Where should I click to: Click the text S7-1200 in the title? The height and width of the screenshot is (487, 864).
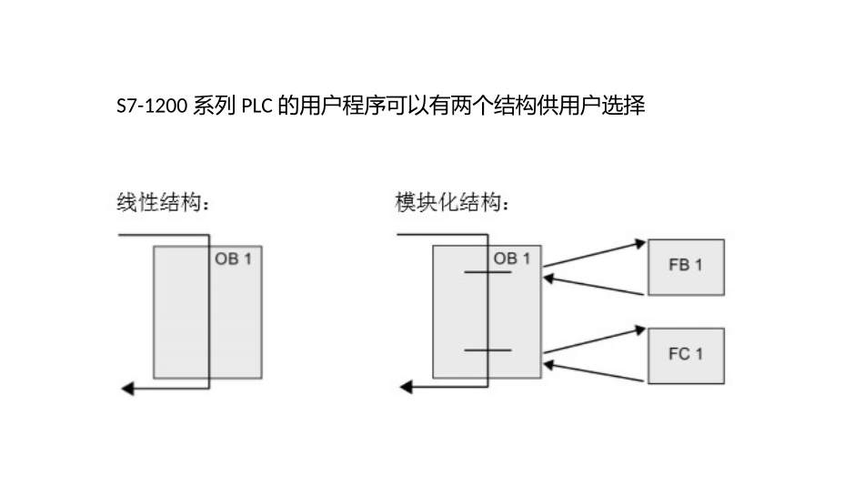[x=152, y=107]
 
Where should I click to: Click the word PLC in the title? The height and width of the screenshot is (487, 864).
[x=256, y=107]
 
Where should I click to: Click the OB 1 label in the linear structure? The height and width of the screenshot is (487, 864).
[x=233, y=259]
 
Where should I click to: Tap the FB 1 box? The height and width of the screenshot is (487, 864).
[x=686, y=267]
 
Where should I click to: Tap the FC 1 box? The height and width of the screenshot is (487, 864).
[x=686, y=355]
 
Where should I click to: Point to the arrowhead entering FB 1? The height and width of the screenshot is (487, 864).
[x=640, y=243]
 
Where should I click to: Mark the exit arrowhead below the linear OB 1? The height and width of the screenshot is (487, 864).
[x=126, y=389]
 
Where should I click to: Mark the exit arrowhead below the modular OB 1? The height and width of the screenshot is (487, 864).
[x=406, y=389]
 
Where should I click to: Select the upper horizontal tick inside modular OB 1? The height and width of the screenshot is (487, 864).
[x=487, y=273]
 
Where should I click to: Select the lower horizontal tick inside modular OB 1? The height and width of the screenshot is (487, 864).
[x=487, y=350]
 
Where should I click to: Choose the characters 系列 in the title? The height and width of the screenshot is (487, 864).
[x=214, y=107]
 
